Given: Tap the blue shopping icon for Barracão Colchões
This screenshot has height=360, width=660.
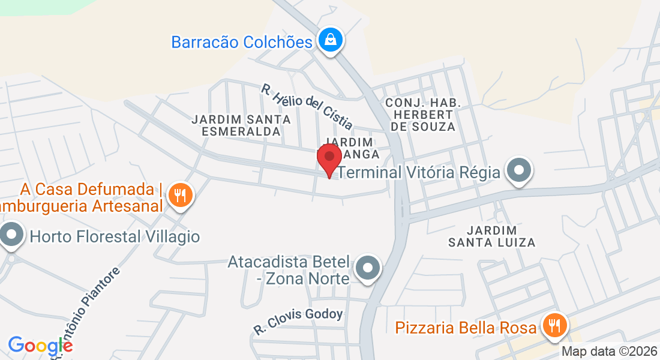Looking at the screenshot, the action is [x=330, y=41].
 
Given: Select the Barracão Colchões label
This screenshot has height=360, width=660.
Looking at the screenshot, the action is [x=242, y=42].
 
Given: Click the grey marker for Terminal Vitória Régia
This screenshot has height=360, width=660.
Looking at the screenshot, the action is [x=518, y=172].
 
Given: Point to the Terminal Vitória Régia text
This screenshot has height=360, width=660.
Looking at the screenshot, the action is [x=419, y=173].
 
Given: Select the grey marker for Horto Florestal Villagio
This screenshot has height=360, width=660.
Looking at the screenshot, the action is [x=11, y=236].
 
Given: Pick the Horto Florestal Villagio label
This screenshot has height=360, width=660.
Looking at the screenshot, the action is [x=115, y=236].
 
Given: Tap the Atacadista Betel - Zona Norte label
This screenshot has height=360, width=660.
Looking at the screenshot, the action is [x=289, y=271].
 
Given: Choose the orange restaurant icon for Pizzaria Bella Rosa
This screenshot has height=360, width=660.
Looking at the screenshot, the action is [x=553, y=326].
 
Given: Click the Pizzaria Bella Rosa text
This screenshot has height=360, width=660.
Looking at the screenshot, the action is [x=466, y=328].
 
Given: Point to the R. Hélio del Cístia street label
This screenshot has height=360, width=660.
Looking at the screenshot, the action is [x=307, y=106].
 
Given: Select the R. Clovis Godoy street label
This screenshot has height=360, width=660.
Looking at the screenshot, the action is [x=298, y=321].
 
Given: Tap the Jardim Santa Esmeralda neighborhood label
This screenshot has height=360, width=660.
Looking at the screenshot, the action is [x=241, y=125].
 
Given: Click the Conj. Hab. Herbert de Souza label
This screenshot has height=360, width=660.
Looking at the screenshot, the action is [x=423, y=115].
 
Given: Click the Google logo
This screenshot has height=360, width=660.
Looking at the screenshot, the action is [x=40, y=346].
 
